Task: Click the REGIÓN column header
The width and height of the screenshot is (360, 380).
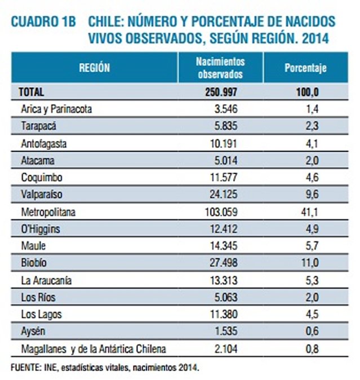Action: tap(94, 68)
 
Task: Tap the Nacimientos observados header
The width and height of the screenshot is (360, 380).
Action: tap(220, 68)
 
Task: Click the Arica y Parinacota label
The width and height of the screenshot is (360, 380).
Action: tap(55, 109)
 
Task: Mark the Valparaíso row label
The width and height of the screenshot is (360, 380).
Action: tap(42, 195)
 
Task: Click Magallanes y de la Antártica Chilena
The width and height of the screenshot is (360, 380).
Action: tap(93, 349)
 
